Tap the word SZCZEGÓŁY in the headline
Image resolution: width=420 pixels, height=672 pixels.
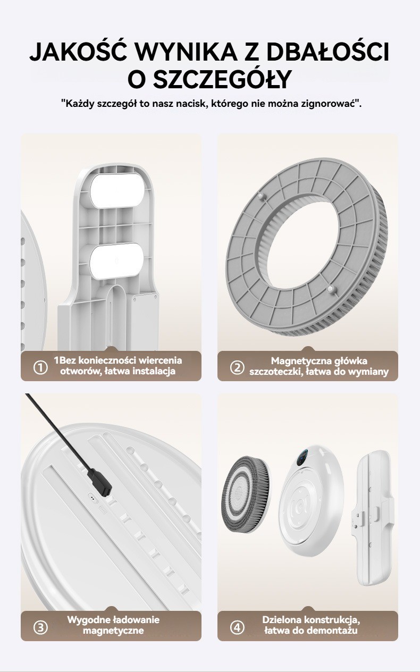coord(224,79)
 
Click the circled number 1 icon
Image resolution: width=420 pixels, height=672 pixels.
coord(40,367)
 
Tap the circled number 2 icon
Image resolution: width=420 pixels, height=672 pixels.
coord(237,367)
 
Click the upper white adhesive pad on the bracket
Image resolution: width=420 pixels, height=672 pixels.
coord(117,191)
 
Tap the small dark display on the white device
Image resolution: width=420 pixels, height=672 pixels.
coord(303,458)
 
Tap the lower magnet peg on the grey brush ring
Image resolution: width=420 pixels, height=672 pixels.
coord(330,289)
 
